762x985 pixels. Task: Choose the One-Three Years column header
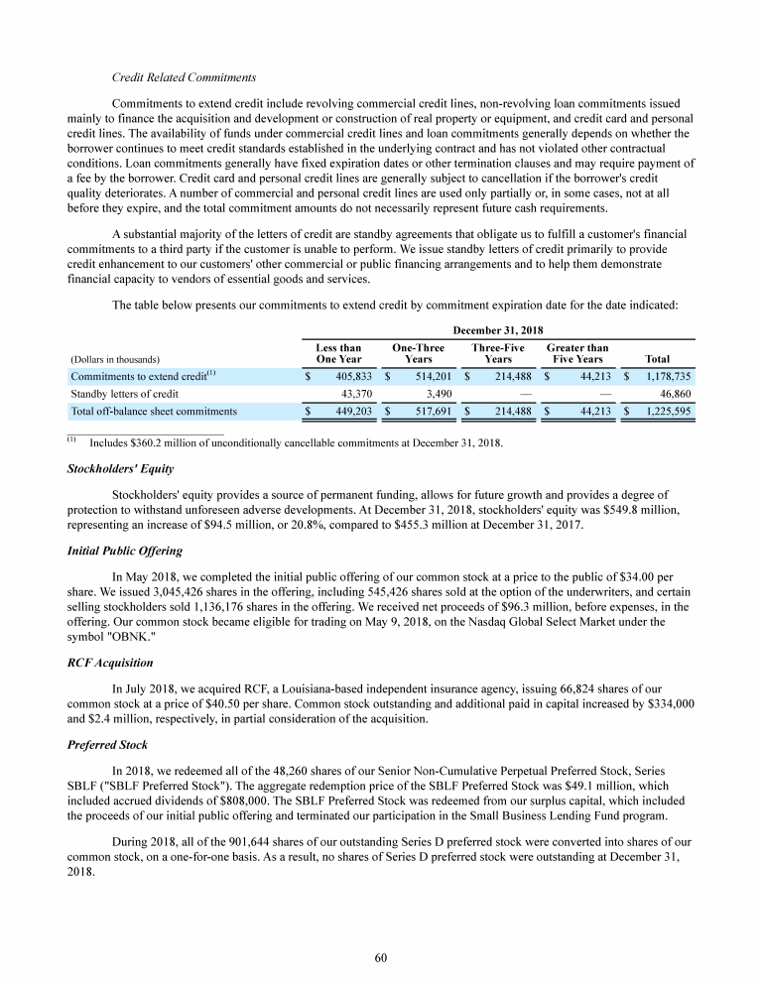pyautogui.click(x=418, y=353)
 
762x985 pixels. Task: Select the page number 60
pyautogui.click(x=381, y=956)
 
